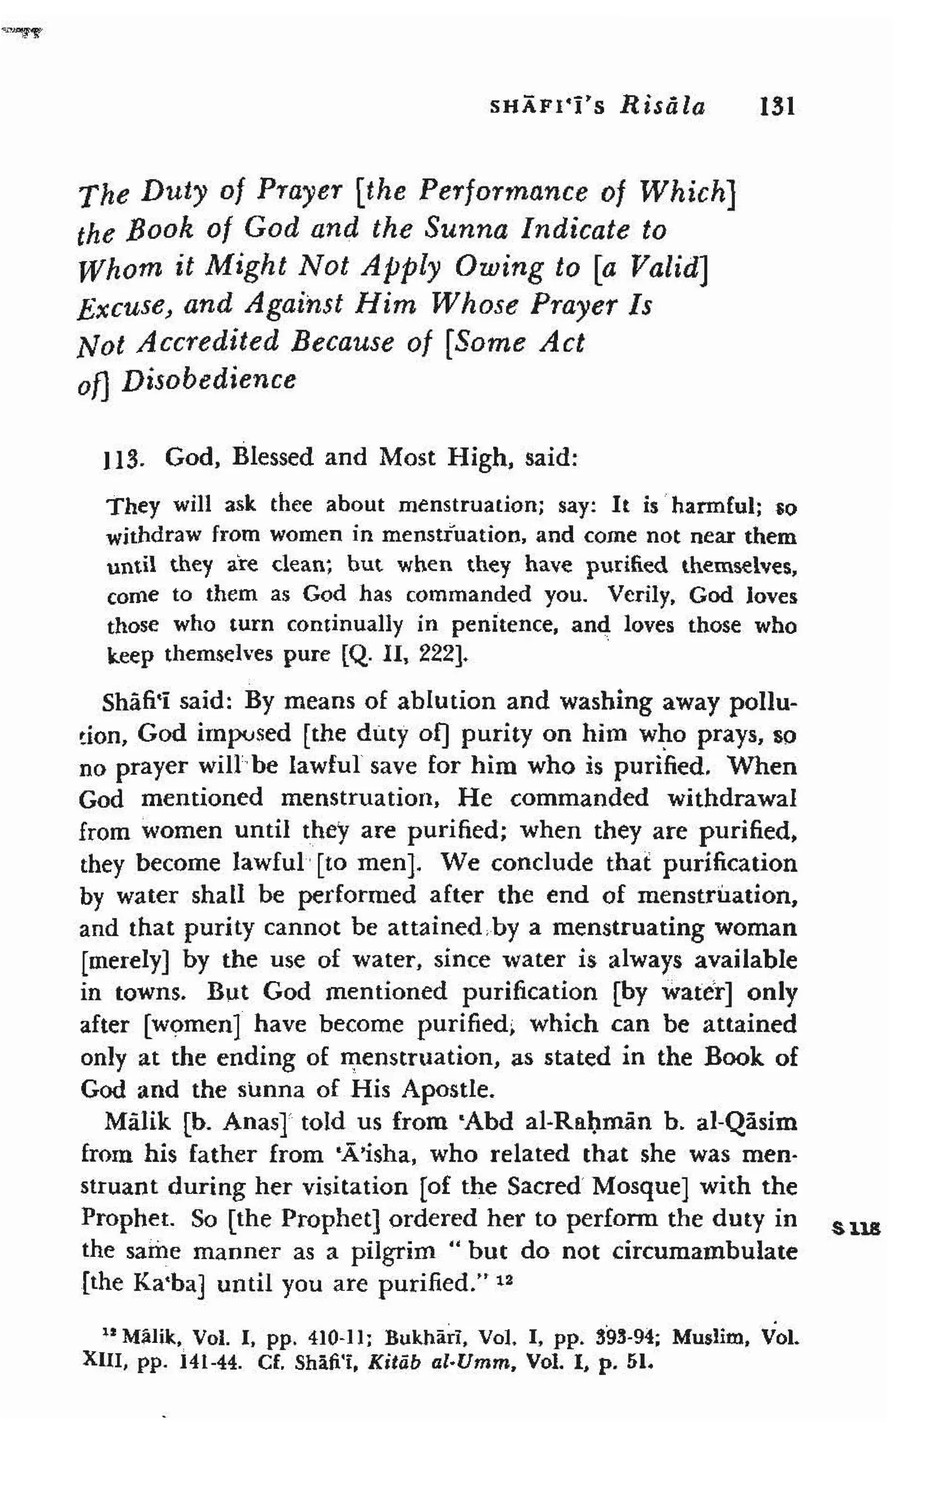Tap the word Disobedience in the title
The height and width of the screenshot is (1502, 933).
[209, 380]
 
